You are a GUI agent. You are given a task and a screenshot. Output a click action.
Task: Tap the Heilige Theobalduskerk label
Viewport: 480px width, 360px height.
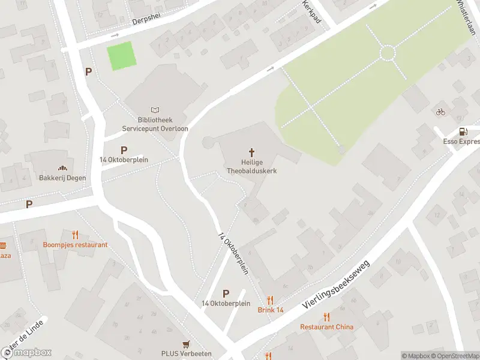tap(251, 166)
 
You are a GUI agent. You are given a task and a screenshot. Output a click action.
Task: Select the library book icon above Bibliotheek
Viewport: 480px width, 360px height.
tap(155, 110)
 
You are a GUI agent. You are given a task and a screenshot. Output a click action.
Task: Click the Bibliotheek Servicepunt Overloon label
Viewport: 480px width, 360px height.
tap(155, 124)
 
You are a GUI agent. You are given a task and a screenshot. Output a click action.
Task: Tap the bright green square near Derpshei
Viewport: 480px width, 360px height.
tap(121, 56)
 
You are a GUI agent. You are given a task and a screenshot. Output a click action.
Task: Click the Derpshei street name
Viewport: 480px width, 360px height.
tap(147, 20)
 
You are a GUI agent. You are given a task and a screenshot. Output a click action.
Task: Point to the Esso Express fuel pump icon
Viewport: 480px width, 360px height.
tap(463, 131)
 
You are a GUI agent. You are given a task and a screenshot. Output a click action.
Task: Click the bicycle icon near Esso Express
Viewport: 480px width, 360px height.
tap(440, 112)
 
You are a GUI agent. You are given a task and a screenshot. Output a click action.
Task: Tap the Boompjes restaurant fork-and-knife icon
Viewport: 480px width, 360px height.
tap(75, 235)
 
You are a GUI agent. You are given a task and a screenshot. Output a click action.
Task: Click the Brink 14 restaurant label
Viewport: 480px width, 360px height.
tap(271, 310)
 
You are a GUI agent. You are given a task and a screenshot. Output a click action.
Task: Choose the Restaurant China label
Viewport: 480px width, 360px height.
tap(326, 327)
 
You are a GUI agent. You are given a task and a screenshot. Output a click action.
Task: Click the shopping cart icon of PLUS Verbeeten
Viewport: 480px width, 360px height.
tap(186, 344)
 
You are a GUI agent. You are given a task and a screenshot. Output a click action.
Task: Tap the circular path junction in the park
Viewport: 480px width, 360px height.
tap(388, 53)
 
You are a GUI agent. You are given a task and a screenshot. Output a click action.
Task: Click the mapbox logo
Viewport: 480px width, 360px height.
tap(26, 352)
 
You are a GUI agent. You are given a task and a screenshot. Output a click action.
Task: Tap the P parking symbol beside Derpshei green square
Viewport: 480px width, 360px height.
tap(88, 71)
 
